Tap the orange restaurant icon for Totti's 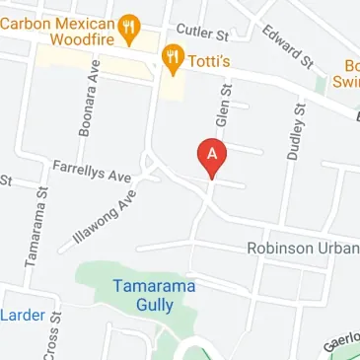173,61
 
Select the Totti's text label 211,61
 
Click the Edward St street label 289,46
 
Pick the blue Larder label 23,315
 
